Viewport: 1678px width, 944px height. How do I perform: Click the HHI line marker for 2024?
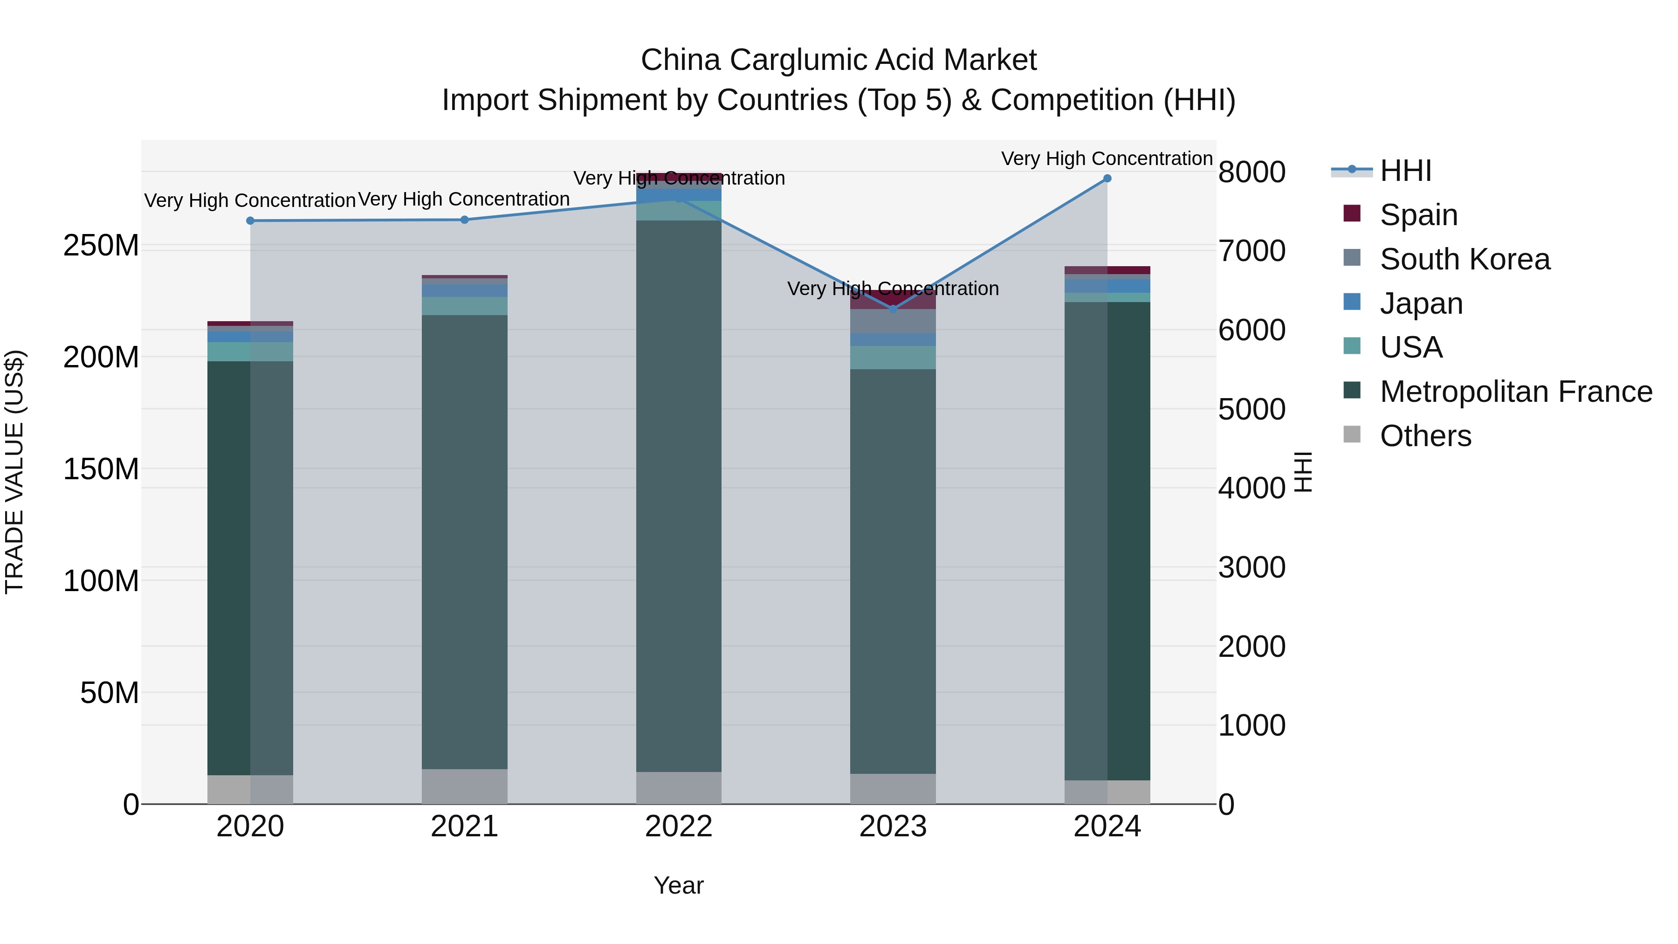(1107, 179)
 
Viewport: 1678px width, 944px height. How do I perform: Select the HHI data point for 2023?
(893, 309)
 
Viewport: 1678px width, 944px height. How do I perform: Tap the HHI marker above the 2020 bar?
(250, 221)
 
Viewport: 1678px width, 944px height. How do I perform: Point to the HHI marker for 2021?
(464, 220)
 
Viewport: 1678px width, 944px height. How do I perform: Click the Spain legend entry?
(1418, 215)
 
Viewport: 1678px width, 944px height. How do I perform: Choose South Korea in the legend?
(1465, 259)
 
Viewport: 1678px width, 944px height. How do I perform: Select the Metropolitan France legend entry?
(1515, 392)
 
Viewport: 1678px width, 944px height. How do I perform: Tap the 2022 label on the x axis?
(678, 827)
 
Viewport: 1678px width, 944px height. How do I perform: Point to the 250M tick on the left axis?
(101, 246)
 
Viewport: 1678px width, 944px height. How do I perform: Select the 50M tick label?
(110, 693)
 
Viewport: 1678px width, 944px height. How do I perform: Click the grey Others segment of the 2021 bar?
(464, 786)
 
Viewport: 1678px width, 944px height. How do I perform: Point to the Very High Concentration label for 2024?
(1106, 158)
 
